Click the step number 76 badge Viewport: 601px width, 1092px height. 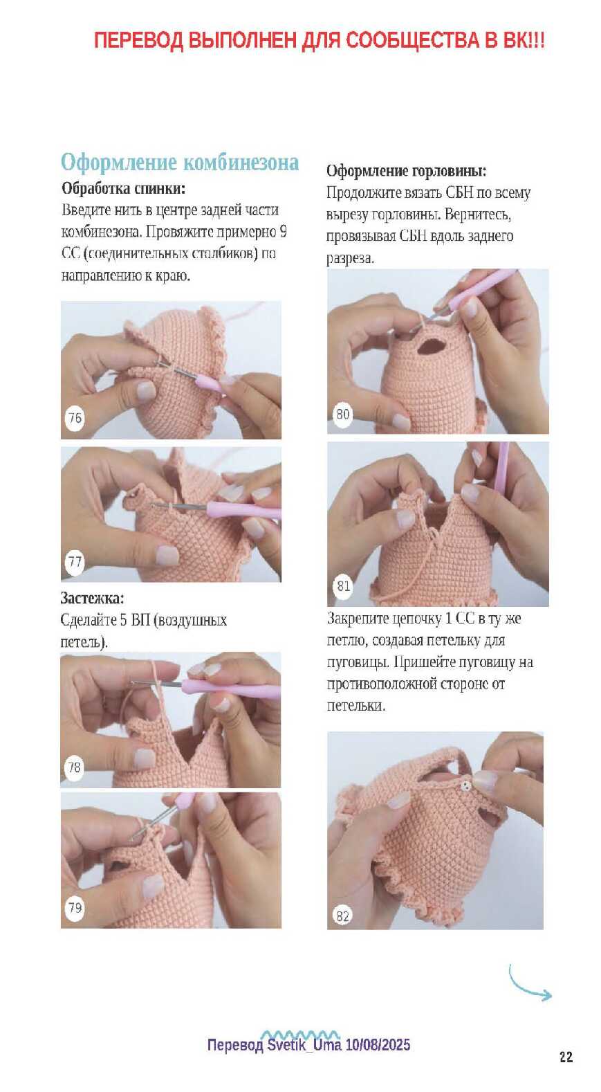pos(75,418)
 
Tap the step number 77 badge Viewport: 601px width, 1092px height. pos(75,562)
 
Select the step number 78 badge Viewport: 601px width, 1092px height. pos(75,768)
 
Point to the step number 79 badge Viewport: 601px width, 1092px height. pos(75,908)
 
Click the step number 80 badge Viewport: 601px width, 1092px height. pos(342,415)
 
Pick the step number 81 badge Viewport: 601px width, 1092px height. pos(343,585)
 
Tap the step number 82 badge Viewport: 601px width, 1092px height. pos(342,916)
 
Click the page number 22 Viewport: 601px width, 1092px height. pos(566,1057)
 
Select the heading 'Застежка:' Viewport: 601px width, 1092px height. pos(92,598)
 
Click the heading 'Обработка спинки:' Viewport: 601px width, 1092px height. pos(123,188)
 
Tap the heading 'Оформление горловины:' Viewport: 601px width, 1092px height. pos(406,171)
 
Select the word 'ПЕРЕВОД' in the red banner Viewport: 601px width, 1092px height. pos(138,40)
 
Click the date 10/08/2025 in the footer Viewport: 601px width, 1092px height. pos(378,1045)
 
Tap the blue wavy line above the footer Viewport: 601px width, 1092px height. pos(299,1034)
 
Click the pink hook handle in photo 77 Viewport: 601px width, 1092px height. pos(243,511)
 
